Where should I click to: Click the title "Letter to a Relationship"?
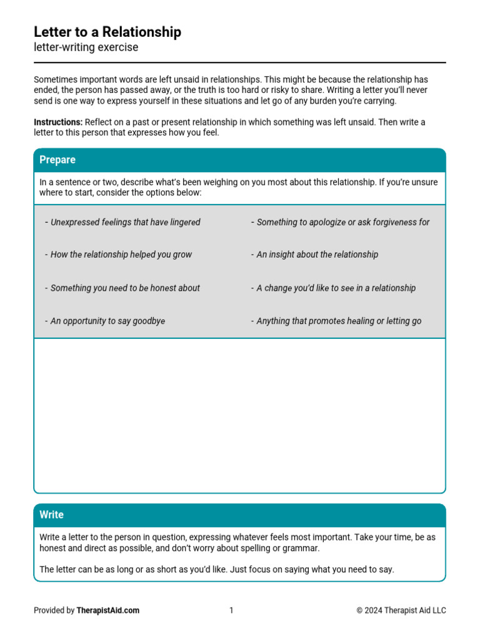coord(107,32)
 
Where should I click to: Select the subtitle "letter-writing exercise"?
coord(86,47)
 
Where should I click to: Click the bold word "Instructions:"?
coord(58,122)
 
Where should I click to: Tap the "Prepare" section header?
coord(57,160)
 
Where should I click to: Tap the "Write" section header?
coord(51,515)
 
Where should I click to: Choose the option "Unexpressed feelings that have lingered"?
coord(125,222)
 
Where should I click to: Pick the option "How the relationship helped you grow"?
coord(121,255)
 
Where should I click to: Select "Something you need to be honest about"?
coord(125,288)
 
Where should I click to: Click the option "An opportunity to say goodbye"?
coord(107,321)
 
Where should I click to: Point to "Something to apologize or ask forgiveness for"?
coord(342,222)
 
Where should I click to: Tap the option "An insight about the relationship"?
coord(317,255)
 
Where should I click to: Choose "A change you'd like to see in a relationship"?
coord(336,288)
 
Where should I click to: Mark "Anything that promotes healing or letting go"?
coord(339,321)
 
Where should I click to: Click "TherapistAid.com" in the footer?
coord(108,610)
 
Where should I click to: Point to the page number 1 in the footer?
coord(231,610)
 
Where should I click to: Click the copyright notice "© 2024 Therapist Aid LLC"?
coord(401,610)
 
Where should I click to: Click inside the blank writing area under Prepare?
coord(239,415)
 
